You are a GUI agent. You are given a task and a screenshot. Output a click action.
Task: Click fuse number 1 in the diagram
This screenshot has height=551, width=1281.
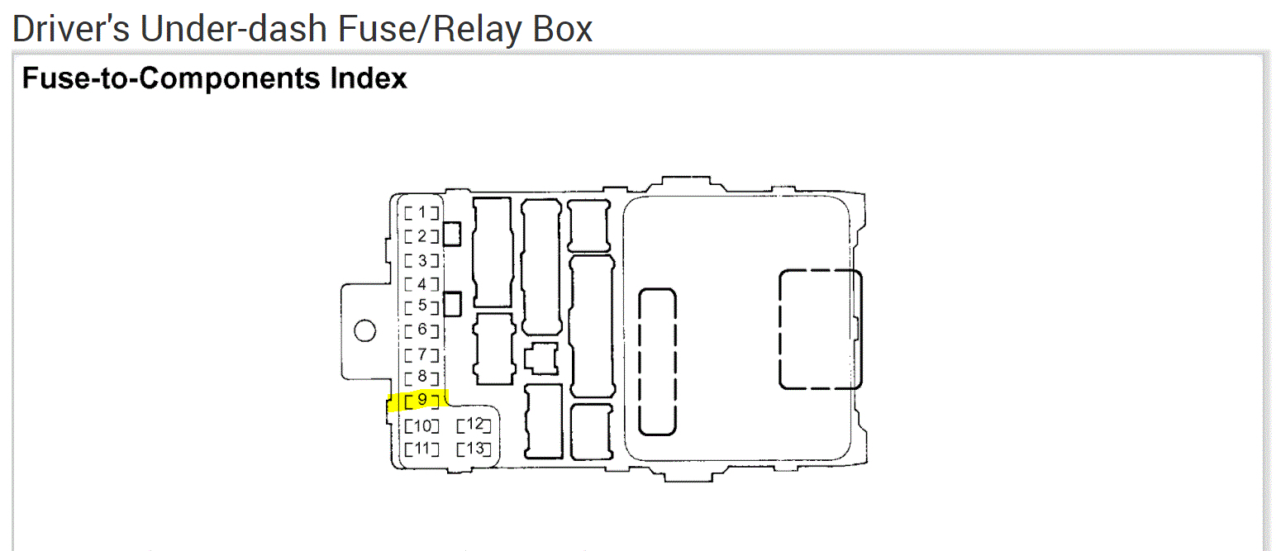(x=421, y=212)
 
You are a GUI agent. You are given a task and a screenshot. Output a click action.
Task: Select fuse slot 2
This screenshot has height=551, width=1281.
(x=421, y=236)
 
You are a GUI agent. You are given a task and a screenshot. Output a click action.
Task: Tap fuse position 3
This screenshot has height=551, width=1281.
(x=421, y=261)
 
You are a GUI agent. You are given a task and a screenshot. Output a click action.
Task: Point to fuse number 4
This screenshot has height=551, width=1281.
(x=421, y=284)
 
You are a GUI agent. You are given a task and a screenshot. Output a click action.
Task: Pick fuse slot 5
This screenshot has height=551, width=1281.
(x=421, y=306)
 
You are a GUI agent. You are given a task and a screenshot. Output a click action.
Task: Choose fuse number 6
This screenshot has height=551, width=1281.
(x=421, y=330)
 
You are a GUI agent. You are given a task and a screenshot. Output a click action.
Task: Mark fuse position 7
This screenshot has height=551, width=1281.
(x=421, y=355)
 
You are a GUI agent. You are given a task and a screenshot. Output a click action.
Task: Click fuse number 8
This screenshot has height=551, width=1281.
(x=421, y=378)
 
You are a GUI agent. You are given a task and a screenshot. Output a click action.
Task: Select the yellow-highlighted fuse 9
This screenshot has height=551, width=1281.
(x=421, y=401)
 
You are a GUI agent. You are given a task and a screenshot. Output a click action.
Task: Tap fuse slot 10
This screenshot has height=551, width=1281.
(x=421, y=426)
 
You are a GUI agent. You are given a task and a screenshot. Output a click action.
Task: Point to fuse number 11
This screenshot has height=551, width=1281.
(x=421, y=449)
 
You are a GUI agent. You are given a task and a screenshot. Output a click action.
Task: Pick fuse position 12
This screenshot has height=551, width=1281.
(x=474, y=425)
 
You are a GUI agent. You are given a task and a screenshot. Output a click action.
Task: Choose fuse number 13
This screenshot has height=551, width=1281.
(x=474, y=449)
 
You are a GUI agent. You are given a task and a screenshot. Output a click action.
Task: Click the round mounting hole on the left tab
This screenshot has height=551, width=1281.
(x=364, y=331)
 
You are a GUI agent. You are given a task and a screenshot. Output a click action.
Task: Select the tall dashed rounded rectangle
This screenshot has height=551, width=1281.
(x=658, y=361)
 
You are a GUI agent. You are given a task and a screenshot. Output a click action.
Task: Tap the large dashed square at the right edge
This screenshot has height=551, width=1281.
(x=820, y=329)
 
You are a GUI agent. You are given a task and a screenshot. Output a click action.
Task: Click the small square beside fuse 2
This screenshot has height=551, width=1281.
(x=452, y=234)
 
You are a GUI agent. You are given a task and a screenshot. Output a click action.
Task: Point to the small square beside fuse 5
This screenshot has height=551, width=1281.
(x=452, y=304)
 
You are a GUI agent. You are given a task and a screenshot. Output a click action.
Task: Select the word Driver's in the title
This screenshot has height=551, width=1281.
(x=70, y=29)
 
